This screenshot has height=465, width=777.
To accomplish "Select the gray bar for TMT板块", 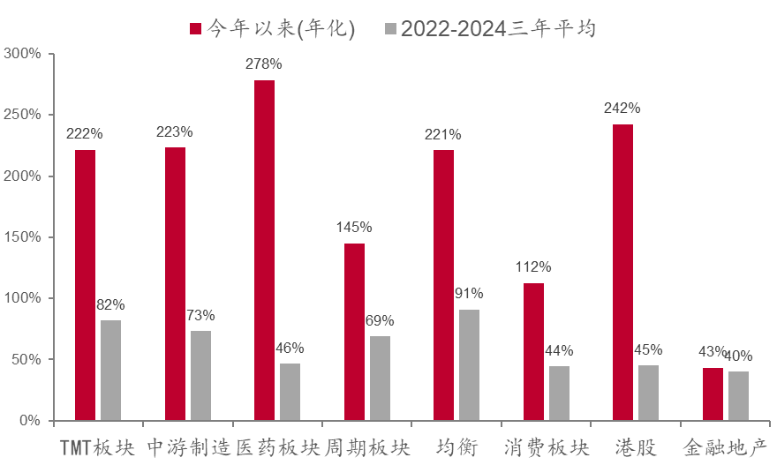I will (x=110, y=370).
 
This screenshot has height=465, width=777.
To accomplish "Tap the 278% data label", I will (x=264, y=64).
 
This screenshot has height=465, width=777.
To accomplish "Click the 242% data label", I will (x=622, y=109).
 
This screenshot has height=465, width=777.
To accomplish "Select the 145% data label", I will (x=354, y=227).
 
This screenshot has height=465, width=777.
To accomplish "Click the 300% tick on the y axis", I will (x=23, y=54).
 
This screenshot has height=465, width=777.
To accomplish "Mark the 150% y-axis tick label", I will (x=23, y=237).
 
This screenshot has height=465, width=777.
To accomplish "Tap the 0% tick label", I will (x=30, y=421).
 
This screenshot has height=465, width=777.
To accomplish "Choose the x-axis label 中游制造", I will (x=187, y=447).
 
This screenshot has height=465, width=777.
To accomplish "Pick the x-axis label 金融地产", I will (x=726, y=447).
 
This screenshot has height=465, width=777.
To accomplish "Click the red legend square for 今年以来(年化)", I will (x=196, y=28).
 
